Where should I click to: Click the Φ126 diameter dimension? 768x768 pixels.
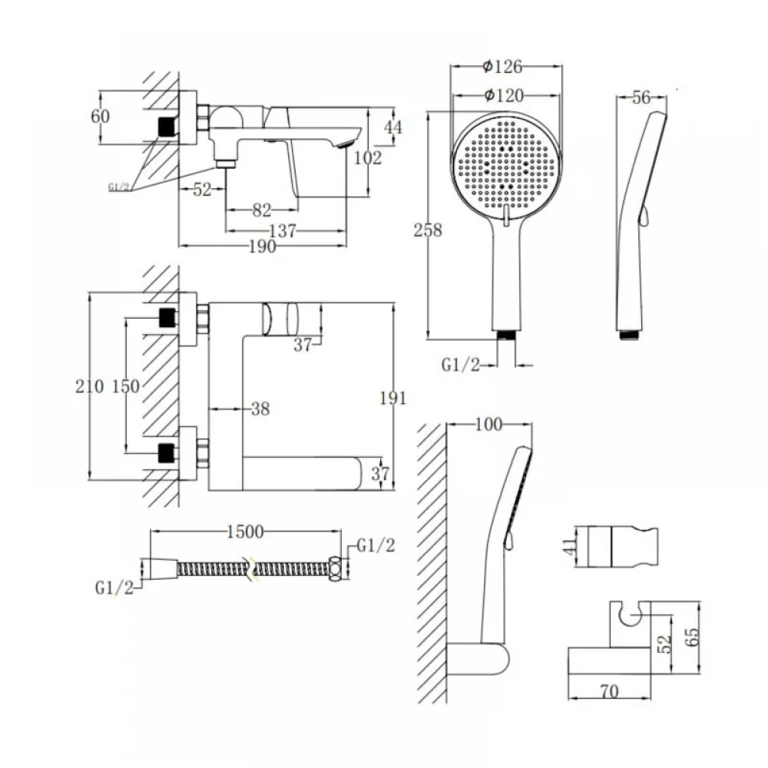coord(502,66)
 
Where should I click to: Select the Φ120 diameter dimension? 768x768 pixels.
coord(504,95)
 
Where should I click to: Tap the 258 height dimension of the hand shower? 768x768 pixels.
coord(428,230)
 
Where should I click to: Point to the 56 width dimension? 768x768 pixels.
coord(641,98)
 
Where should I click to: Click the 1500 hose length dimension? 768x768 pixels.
coord(245,531)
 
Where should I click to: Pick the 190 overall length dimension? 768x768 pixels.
coord(263,247)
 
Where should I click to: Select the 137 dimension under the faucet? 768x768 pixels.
coord(283,230)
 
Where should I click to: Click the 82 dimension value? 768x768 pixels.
coord(262,210)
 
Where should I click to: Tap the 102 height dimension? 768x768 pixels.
coord(367,157)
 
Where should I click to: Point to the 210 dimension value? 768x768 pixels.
coord(90,386)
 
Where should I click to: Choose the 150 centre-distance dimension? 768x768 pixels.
coord(126,386)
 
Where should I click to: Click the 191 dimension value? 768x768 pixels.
coord(393,398)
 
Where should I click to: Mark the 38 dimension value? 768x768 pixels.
coord(260,409)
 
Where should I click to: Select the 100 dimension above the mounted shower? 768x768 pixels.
coord(488,424)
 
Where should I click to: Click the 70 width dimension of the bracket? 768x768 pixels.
coord(609,692)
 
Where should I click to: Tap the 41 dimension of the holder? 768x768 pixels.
coord(568,546)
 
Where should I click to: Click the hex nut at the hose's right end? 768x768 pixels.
coord(336,568)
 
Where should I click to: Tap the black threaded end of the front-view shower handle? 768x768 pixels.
coord(506,335)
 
